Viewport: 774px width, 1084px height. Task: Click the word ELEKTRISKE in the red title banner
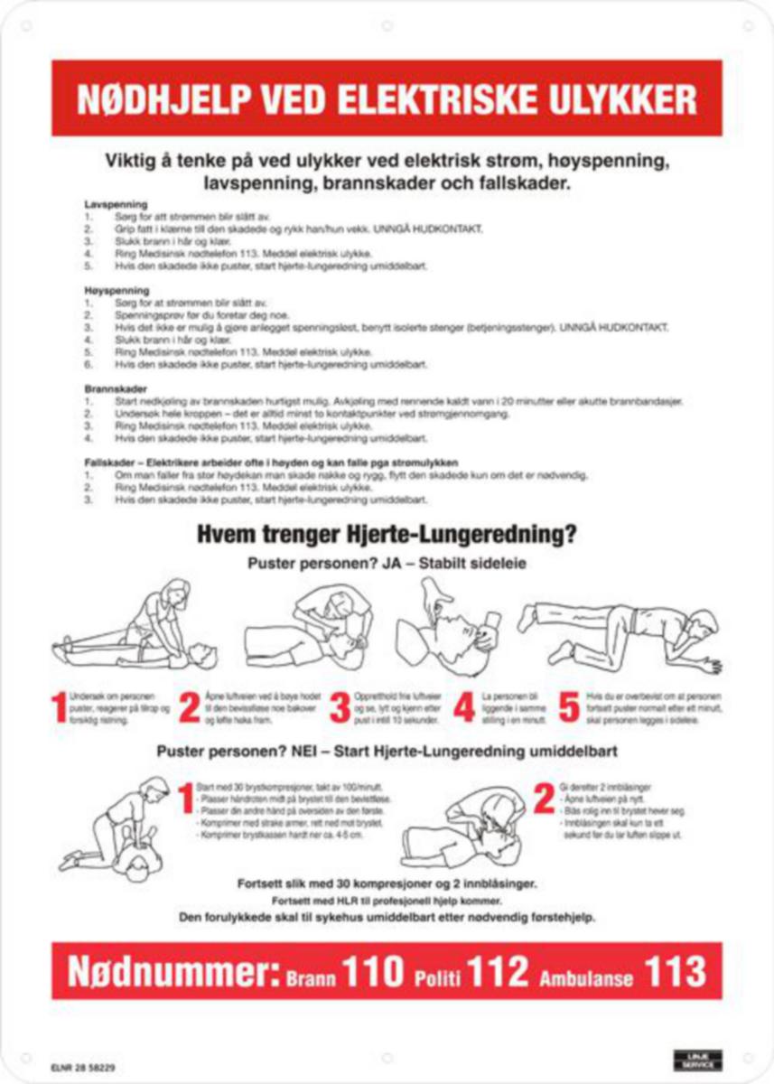439,98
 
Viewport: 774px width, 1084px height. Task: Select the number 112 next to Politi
498,972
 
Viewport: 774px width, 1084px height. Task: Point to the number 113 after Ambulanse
675,972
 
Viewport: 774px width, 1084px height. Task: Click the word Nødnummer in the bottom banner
172,973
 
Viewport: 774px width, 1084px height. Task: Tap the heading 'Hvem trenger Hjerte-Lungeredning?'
387,535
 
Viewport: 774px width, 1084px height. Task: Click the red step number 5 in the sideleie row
569,708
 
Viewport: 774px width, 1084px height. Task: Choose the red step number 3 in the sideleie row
339,708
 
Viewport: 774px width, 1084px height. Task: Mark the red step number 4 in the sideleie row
464,708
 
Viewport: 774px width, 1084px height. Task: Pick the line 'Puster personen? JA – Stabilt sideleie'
387,563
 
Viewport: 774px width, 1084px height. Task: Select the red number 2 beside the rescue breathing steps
544,799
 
